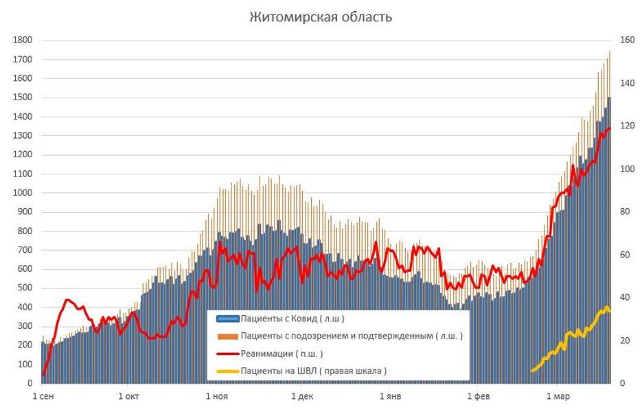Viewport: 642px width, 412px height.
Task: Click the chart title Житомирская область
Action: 321,17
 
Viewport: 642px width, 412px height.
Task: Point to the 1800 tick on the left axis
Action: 23,41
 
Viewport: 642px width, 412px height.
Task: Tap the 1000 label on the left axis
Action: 23,193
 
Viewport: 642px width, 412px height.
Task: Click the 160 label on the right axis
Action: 626,41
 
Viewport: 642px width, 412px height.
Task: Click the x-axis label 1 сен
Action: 43,397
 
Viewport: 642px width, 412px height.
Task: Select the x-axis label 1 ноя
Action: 216,397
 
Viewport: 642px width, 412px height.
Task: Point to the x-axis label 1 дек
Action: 302,397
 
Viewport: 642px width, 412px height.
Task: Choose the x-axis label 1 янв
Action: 391,397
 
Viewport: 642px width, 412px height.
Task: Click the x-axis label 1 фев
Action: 479,397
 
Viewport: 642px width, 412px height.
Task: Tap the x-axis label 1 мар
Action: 558,397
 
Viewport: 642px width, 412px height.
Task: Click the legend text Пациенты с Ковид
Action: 293,319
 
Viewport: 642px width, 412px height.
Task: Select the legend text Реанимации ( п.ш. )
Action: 282,354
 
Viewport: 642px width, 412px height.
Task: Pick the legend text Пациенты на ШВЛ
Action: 314,371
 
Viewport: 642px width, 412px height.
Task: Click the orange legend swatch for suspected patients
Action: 227,336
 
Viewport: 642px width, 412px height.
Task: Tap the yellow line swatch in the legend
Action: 227,371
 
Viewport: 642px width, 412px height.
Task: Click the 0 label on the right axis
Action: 621,383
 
